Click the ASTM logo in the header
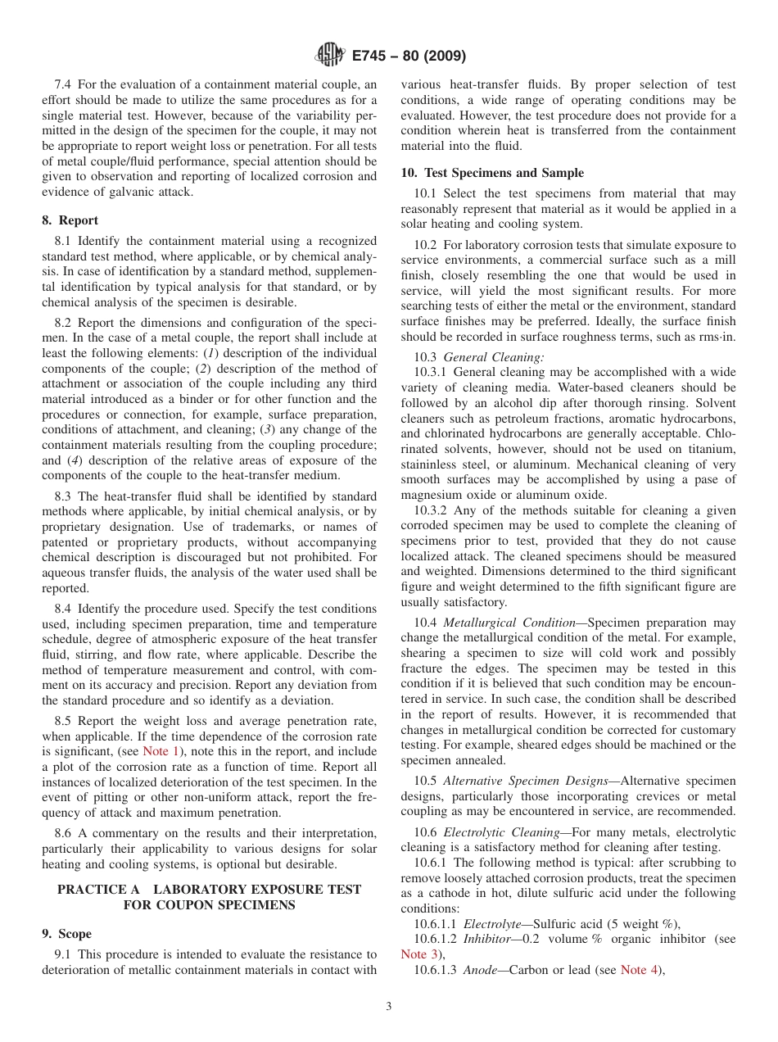pos(330,56)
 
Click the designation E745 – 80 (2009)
pos(409,57)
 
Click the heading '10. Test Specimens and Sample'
pos(492,173)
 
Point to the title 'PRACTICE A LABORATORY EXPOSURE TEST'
pos(209,890)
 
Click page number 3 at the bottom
pos(389,1007)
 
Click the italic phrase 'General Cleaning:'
pos(494,356)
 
